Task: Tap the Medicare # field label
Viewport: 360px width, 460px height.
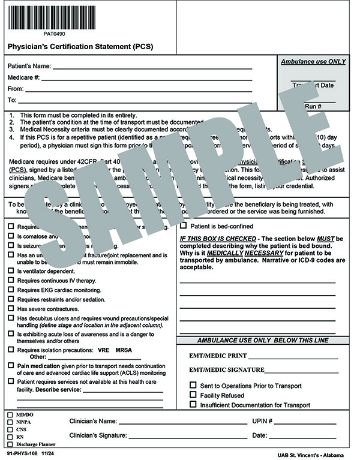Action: tap(23, 78)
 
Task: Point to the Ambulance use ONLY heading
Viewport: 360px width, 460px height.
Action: tap(313, 62)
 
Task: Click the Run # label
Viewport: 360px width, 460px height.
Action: tap(313, 106)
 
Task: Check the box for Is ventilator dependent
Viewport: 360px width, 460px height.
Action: tap(11, 270)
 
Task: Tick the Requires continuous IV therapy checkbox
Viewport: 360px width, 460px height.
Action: tap(11, 280)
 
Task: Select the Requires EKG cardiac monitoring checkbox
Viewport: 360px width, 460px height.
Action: tap(11, 290)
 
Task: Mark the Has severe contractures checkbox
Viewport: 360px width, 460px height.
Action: tap(11, 308)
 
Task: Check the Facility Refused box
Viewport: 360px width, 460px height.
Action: tap(193, 395)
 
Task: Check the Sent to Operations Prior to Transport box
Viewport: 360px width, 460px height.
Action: tap(193, 386)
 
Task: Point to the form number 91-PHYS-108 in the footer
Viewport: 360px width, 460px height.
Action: tap(22, 454)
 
